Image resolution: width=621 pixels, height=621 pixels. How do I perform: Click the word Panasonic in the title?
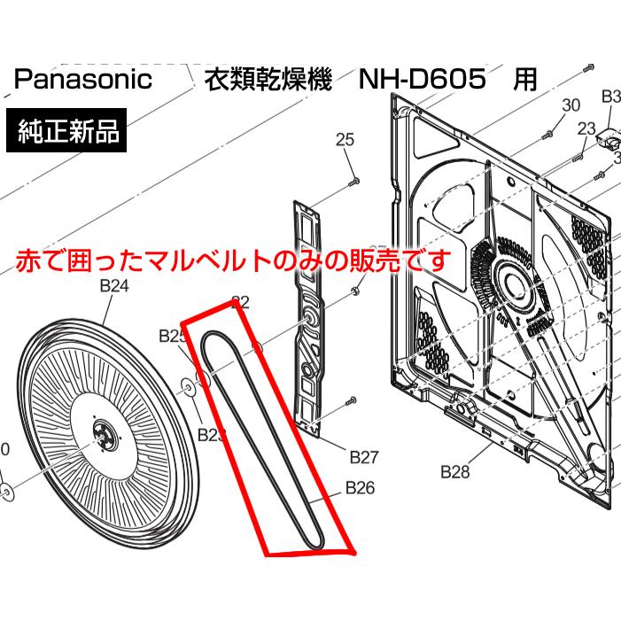pos(83,80)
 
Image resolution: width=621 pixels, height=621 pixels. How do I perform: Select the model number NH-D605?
pos(423,80)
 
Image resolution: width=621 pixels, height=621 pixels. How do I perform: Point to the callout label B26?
pos(360,487)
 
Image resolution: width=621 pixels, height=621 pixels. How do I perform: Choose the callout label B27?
pos(364,457)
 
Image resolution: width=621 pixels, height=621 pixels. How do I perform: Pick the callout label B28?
pos(455,472)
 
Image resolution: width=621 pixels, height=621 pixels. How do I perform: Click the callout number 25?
pos(345,139)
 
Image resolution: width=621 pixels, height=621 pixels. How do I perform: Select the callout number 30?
pos(571,105)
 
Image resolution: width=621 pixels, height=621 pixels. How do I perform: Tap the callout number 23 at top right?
pos(586,128)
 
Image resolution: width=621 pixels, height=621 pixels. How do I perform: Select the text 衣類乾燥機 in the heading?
pos(267,80)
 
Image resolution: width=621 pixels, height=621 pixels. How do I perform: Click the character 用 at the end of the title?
pos(525,80)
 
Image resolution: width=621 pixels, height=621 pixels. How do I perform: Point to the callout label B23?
pos(213,434)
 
